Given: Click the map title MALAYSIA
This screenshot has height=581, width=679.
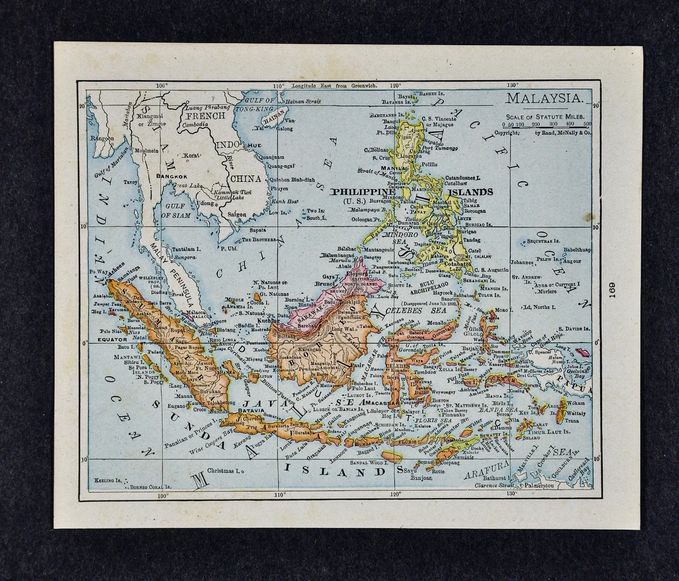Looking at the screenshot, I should [x=543, y=98].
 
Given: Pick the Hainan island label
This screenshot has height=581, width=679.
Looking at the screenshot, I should [x=274, y=120].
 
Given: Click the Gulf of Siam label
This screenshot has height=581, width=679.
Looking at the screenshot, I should [x=174, y=211].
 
